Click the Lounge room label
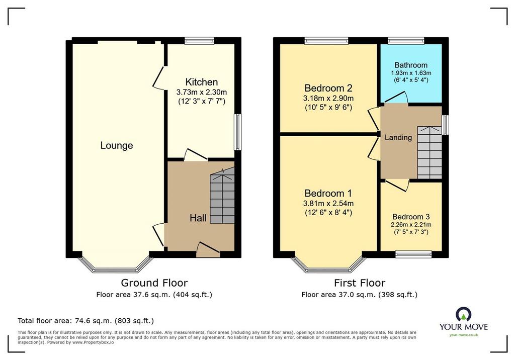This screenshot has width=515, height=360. coord(117,145)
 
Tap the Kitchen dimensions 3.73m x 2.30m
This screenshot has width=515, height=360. coord(201,93)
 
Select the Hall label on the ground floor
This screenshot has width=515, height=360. coord(198,218)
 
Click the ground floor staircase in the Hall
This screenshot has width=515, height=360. coord(222,196)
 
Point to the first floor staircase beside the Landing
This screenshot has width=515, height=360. coord(430,152)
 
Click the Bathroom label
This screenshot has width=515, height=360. coord(411,65)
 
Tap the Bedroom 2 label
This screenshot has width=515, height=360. coord(328,88)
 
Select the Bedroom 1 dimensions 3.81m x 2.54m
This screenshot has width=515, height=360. coord(328,204)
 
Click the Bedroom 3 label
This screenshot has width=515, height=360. coord(411,217)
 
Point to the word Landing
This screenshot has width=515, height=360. coord(398,137)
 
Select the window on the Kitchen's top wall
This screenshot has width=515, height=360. coord(199,41)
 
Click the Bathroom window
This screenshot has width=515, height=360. coord(406,41)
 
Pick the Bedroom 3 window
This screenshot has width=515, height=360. coord(413,254)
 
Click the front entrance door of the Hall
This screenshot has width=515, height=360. coord(208,250)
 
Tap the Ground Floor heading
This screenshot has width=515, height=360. coord(154,283)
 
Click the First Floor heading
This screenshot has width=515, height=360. coord(360,283)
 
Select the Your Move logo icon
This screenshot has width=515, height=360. coord(463,314)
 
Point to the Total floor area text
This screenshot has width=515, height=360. coord(85,321)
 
